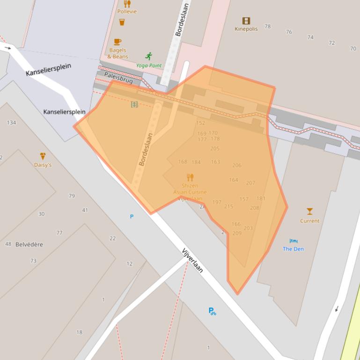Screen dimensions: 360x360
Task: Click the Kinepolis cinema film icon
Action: [x=246, y=21]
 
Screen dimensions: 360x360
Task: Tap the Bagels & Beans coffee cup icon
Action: [x=117, y=42]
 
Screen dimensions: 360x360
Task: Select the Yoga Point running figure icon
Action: [x=149, y=56]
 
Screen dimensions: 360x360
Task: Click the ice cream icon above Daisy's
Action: [x=43, y=156]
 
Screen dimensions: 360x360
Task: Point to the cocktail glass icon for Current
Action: [x=309, y=212]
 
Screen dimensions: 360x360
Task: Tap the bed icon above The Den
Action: [x=293, y=241]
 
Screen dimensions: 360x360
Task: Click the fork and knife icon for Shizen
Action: [x=190, y=177]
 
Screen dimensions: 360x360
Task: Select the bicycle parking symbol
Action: [x=212, y=311]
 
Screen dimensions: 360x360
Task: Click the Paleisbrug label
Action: [x=118, y=78]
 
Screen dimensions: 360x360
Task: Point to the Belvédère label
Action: [x=29, y=245]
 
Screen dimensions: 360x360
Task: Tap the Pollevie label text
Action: [x=127, y=12]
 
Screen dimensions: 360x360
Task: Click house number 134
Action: [x=11, y=122]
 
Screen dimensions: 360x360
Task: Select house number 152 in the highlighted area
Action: [x=200, y=123]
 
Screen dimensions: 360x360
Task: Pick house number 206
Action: [x=236, y=165]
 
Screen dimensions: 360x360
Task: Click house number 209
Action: [x=237, y=233]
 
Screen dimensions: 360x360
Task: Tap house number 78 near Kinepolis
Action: [x=267, y=27]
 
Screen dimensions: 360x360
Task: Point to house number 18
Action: [x=79, y=332]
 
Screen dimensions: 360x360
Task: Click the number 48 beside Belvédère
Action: [x=8, y=244]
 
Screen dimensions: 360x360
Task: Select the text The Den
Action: [x=293, y=249]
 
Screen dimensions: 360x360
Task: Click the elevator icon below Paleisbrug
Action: [x=134, y=104]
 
